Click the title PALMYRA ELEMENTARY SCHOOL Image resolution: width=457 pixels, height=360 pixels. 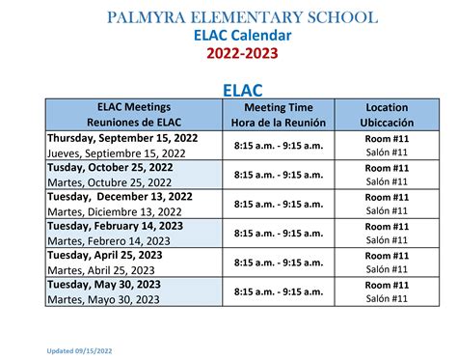242,17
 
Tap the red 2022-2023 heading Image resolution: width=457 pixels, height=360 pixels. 242,53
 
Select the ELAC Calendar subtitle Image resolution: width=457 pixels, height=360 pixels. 242,35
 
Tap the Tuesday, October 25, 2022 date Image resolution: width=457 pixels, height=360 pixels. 111,167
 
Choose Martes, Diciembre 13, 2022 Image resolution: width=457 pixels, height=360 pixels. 114,211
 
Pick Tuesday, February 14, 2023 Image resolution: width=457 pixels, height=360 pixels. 115,226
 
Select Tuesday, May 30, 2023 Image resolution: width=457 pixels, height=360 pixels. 102,285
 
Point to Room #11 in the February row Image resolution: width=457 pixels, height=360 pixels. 387,226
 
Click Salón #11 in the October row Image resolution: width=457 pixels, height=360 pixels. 387,181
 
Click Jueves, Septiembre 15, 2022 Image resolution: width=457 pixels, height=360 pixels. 116,152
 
